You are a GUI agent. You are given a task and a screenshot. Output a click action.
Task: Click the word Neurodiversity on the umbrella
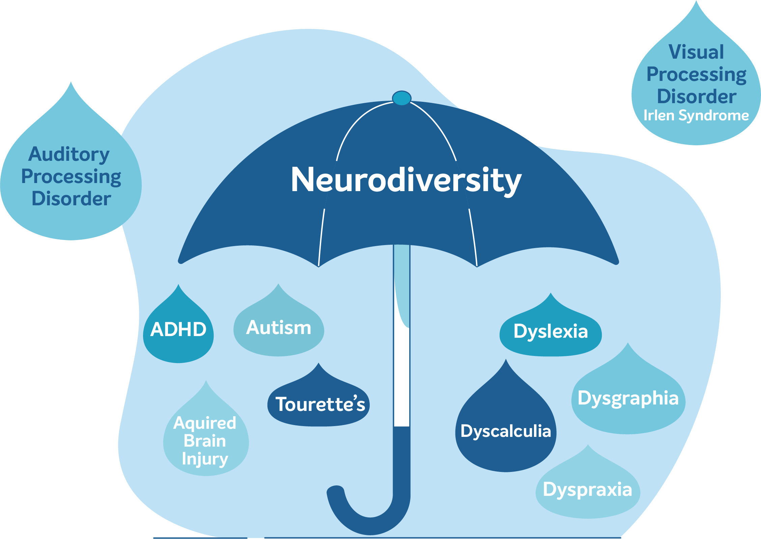406,180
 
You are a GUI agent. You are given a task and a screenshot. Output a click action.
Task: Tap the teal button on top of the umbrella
401,98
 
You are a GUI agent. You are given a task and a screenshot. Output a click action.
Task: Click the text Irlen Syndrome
696,116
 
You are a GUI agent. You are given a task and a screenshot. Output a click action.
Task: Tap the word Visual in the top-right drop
696,52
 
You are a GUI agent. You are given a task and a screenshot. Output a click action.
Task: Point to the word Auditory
69,155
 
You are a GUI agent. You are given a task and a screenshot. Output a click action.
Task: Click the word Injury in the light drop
205,459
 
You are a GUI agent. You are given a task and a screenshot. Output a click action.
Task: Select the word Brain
205,441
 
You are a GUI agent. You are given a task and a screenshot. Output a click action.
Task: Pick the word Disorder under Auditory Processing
71,199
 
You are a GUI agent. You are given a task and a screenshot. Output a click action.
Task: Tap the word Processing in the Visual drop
696,75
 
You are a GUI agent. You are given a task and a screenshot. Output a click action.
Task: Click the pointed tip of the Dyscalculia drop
506,359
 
